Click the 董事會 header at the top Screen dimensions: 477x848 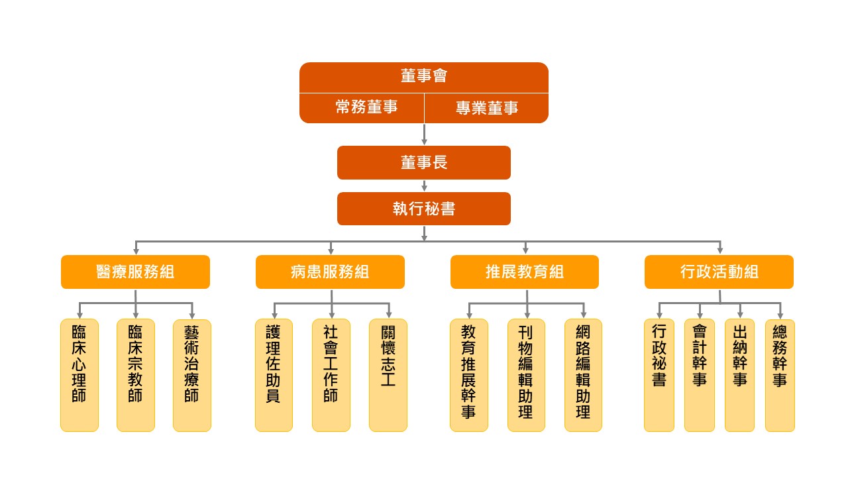point(424,77)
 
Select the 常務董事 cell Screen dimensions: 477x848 point(362,108)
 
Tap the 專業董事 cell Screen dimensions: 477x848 point(486,108)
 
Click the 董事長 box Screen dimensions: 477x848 point(424,162)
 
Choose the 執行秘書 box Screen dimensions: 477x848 point(424,209)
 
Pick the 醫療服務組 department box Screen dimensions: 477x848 point(135,272)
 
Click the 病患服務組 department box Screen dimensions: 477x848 point(330,272)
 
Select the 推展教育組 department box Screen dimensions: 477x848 point(525,272)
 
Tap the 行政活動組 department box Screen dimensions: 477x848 point(719,272)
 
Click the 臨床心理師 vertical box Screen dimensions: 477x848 point(79,375)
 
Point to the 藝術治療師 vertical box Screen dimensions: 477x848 point(192,375)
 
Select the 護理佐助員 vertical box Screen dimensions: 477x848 point(274,375)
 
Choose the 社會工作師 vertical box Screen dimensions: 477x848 point(331,375)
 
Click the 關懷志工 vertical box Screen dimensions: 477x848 point(388,375)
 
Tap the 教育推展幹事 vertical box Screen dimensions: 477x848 point(468,375)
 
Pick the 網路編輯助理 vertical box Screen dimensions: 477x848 point(583,375)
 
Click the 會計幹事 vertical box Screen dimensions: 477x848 point(700,375)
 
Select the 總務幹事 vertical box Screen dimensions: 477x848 point(780,375)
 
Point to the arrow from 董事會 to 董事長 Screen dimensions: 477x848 point(424,134)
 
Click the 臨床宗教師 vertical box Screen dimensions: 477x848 point(135,375)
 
